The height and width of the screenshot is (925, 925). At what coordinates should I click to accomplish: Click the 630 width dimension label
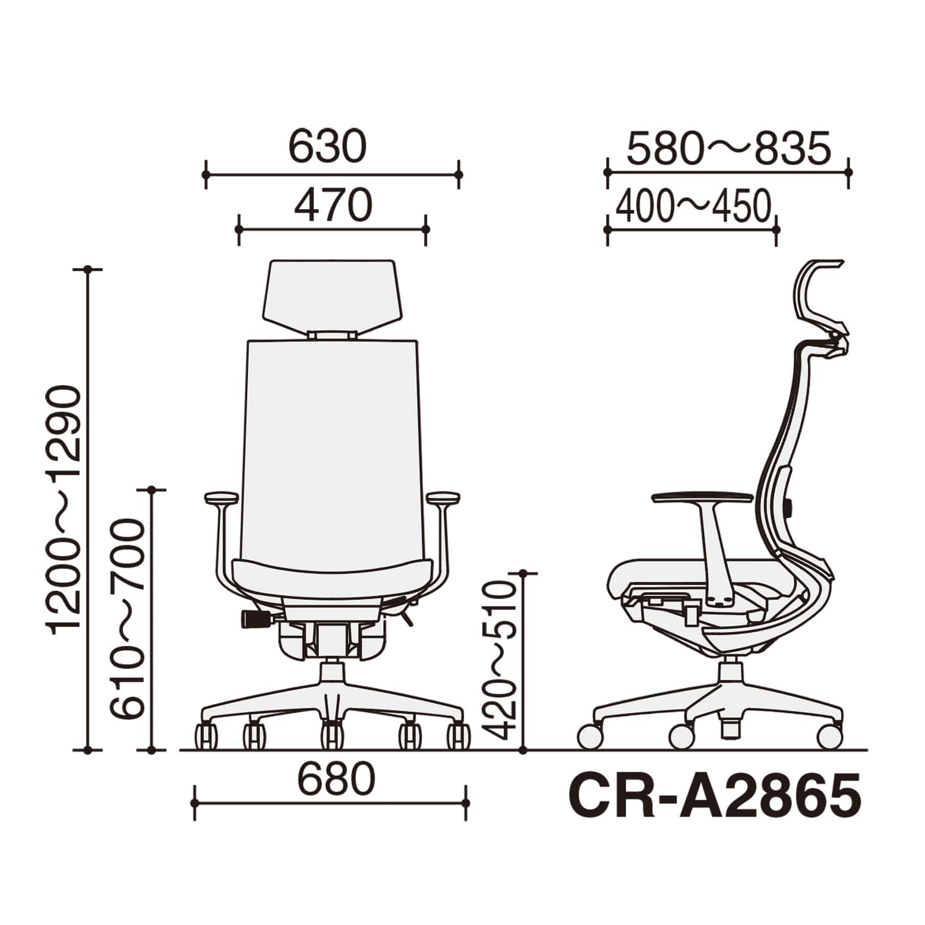click(327, 147)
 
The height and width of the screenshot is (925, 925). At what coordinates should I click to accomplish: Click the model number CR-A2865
click(715, 794)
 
